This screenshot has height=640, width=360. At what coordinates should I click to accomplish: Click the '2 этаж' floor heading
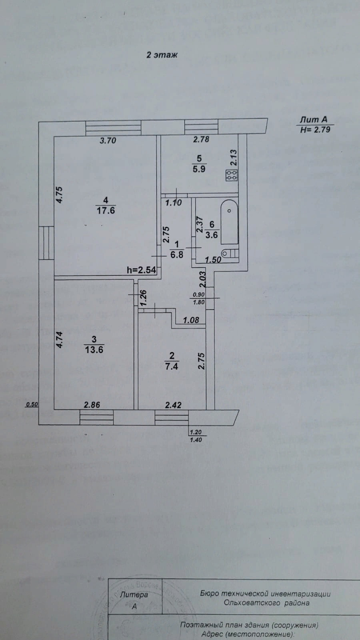click(x=162, y=55)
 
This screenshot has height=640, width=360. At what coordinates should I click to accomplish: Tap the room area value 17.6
click(x=106, y=210)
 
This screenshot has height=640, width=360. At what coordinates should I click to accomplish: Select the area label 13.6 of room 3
click(x=94, y=349)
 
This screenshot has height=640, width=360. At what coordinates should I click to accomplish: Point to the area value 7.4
click(x=171, y=366)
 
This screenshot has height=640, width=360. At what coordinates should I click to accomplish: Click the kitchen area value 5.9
click(x=199, y=169)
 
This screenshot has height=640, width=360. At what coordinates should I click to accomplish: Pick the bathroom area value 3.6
click(x=211, y=235)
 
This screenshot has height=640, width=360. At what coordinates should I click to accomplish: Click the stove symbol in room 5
click(x=232, y=175)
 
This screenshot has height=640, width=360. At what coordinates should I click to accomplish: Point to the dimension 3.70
click(x=108, y=140)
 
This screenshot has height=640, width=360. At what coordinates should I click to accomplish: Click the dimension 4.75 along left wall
click(x=60, y=195)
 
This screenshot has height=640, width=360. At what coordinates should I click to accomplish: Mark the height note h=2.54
click(x=141, y=270)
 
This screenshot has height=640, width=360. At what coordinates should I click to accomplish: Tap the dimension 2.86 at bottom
click(x=92, y=405)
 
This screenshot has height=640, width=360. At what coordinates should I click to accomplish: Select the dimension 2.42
click(x=173, y=405)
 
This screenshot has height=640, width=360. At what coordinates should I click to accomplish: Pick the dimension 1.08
click(x=191, y=320)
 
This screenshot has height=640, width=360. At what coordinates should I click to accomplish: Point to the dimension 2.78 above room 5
click(x=201, y=140)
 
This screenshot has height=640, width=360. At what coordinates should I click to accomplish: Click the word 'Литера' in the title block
click(x=134, y=595)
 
